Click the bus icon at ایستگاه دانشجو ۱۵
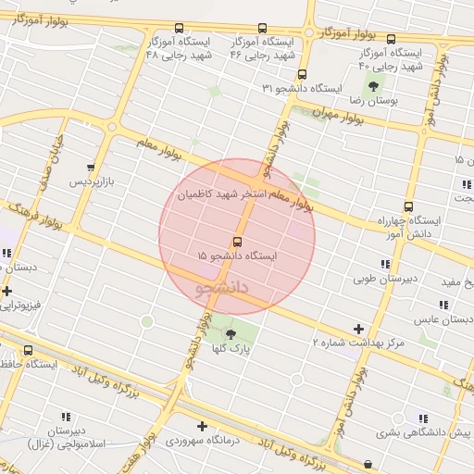(237, 242)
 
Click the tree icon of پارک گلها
(231, 333)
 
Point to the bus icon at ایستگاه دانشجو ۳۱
(302, 75)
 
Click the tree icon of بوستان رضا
(374, 85)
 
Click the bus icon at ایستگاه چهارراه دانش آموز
(408, 207)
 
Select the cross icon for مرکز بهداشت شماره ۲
(358, 329)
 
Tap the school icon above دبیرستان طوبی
(385, 264)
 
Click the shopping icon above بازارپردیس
(91, 168)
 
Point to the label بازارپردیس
(93, 182)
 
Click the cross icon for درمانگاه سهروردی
(202, 427)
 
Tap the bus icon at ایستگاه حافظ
(28, 351)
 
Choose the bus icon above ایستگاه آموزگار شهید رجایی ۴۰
(391, 40)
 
